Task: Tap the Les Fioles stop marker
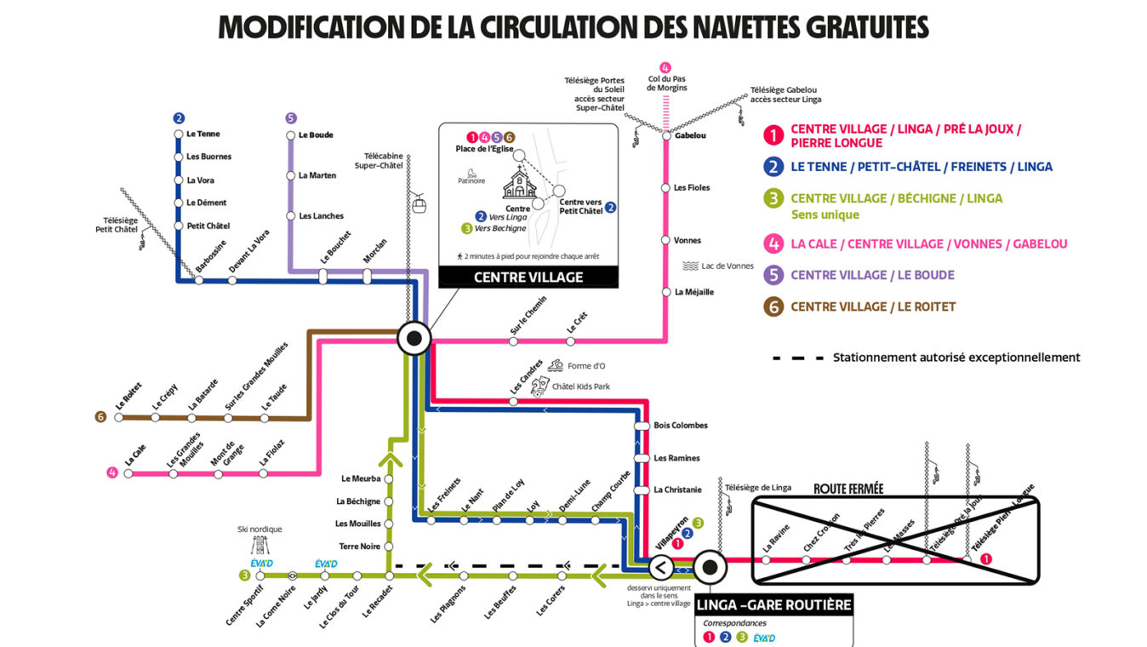point(665,187)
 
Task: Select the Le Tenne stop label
point(203,134)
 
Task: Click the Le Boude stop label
point(316,135)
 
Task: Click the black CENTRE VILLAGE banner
point(528,277)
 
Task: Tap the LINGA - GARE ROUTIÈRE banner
point(773,605)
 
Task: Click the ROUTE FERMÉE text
point(848,489)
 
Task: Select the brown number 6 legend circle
point(773,306)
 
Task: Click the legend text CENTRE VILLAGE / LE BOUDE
point(872,275)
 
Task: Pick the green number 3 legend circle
point(773,198)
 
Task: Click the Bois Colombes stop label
point(680,425)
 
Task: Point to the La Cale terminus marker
point(128,473)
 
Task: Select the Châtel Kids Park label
point(580,386)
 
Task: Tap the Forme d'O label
point(586,366)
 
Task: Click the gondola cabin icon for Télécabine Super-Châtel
point(419,203)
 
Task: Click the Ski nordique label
point(260,530)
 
